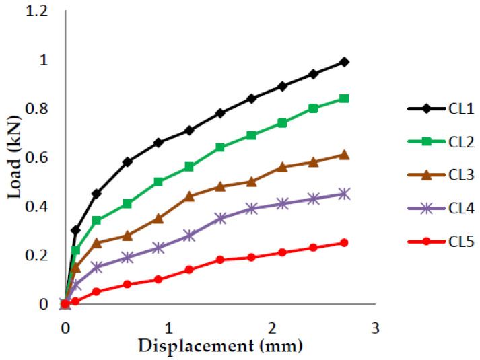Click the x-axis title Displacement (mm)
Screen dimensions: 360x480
220,346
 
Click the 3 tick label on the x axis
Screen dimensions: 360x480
376,328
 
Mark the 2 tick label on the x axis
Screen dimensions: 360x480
272,328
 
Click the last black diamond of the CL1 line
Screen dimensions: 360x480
345,62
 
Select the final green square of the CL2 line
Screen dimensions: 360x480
345,98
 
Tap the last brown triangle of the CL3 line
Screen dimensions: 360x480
345,155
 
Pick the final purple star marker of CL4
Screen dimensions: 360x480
345,194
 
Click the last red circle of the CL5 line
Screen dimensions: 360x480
345,243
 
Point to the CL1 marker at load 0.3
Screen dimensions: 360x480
75,230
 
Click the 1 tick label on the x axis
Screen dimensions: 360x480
168,328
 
